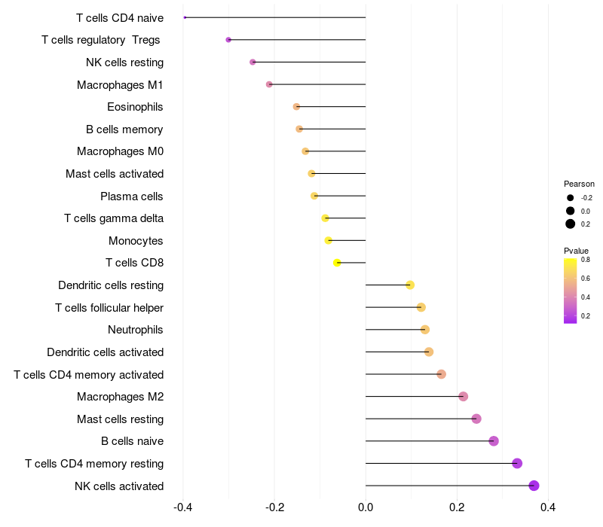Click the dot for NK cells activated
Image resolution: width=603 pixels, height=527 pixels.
tap(534, 486)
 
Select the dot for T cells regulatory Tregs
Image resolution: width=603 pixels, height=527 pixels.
tap(228, 40)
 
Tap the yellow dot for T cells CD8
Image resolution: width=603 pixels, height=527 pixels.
tap(337, 263)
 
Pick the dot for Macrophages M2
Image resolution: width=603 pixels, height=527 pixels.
tap(463, 397)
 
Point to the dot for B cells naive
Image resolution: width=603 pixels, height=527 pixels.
tap(494, 441)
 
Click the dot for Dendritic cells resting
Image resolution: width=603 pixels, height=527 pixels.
tap(410, 285)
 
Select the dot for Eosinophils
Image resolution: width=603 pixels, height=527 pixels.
tap(296, 107)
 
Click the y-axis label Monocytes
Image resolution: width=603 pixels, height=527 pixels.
tap(136, 241)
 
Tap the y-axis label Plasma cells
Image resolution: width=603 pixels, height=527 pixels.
tap(132, 196)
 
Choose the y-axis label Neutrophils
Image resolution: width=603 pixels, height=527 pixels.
tap(136, 330)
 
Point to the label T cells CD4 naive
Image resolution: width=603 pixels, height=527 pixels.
tap(120, 17)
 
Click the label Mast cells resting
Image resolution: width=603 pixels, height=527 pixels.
tap(121, 419)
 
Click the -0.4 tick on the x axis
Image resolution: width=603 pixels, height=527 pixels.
tap(182, 508)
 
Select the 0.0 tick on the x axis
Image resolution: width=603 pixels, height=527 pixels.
tap(366, 508)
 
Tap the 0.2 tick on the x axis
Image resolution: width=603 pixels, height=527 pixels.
tap(457, 508)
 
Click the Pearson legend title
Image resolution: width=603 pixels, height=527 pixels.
tap(579, 184)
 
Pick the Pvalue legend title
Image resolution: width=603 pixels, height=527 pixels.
tap(577, 251)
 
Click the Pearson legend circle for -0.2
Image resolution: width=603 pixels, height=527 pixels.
tap(571, 198)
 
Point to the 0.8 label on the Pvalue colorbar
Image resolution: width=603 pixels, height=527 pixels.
tap(586, 260)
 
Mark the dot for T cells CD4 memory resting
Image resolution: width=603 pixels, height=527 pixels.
tap(517, 463)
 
